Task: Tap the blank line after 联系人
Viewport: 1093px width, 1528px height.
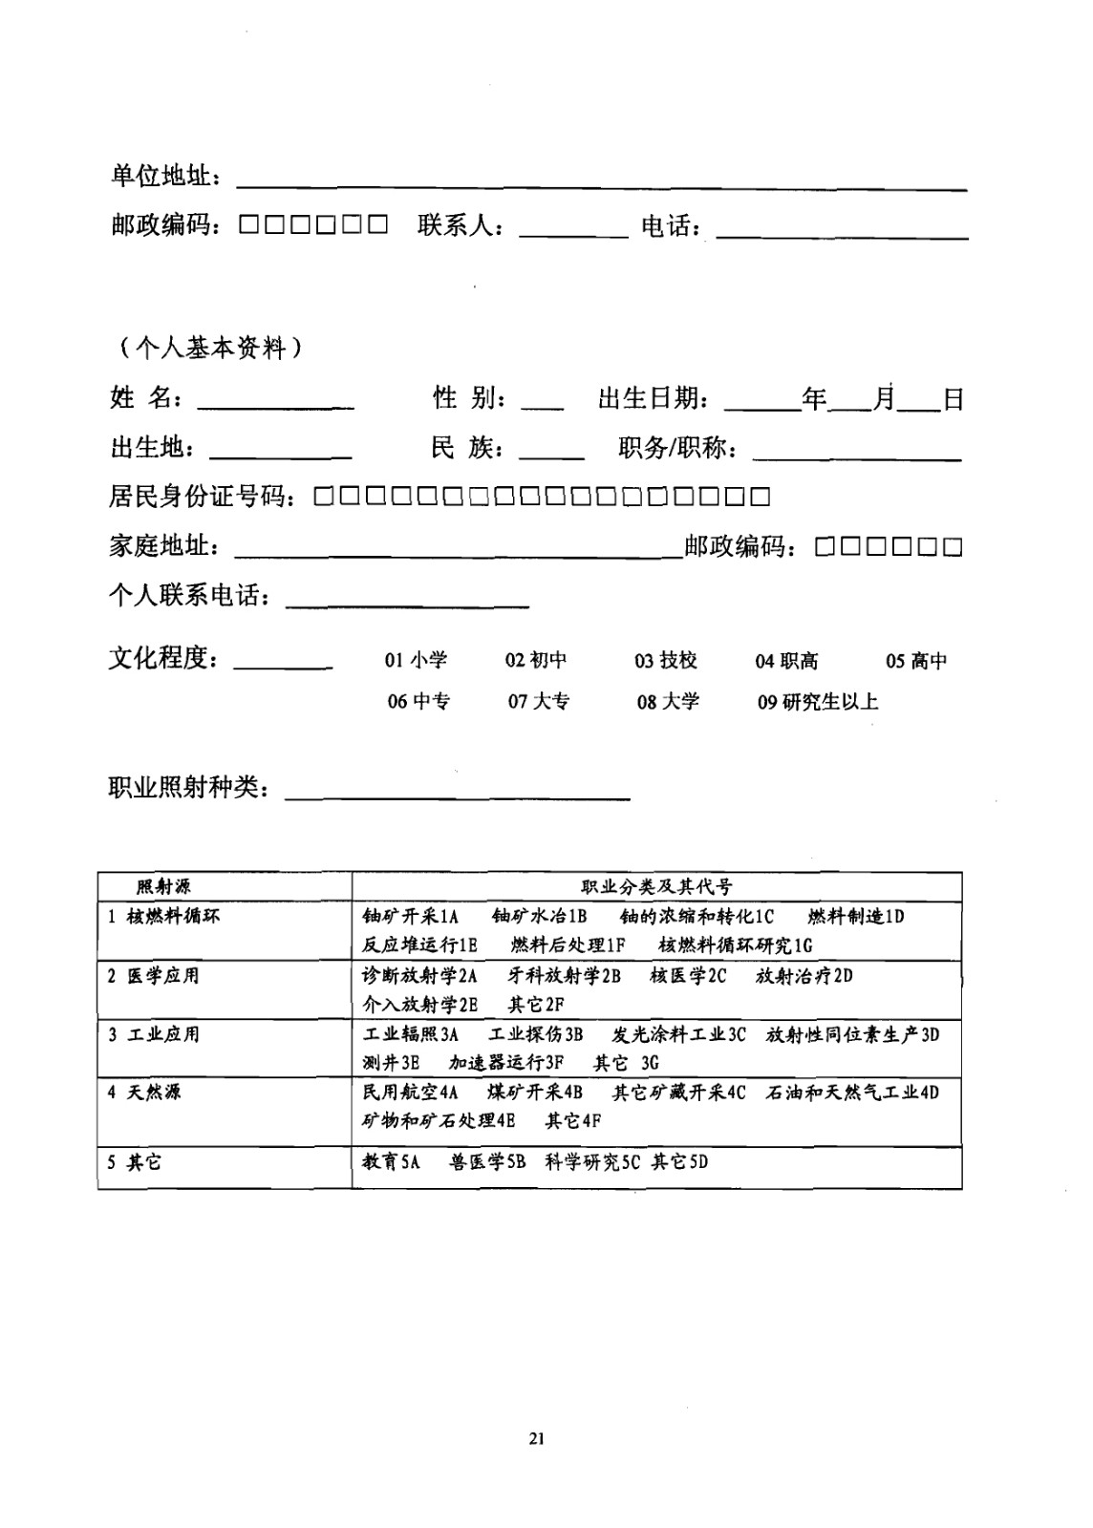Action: click(572, 233)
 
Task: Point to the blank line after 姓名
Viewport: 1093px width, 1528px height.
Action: click(275, 405)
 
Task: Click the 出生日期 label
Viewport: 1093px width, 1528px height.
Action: click(653, 398)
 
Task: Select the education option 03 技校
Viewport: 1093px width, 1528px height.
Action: click(666, 661)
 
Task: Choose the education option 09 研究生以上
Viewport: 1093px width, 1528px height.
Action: click(818, 702)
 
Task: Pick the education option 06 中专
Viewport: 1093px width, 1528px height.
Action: click(418, 702)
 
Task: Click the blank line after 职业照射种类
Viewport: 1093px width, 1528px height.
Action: click(458, 795)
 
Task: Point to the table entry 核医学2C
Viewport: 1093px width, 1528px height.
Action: click(688, 976)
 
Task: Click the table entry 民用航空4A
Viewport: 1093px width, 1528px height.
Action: click(410, 1093)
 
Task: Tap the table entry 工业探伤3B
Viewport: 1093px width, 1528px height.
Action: click(535, 1034)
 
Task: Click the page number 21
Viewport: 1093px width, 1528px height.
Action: click(536, 1439)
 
